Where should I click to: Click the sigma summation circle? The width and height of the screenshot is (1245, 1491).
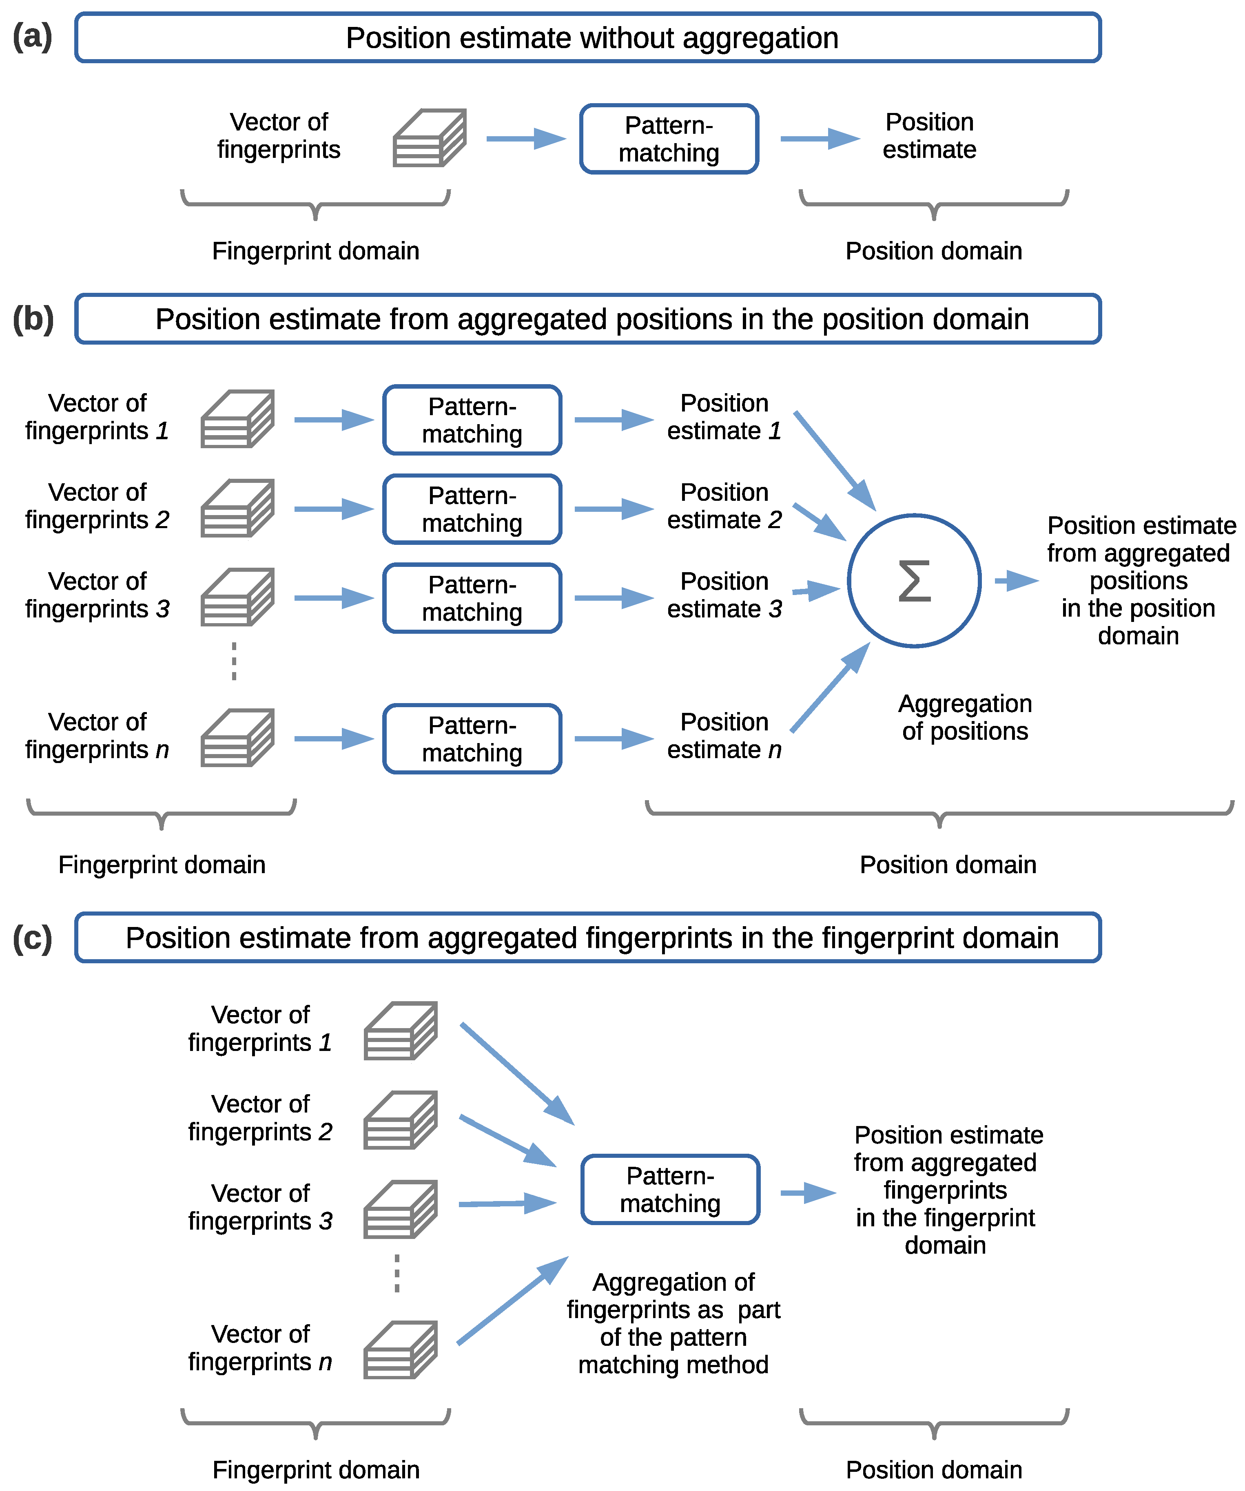coord(914,581)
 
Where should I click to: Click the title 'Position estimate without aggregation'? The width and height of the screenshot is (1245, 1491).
coord(591,38)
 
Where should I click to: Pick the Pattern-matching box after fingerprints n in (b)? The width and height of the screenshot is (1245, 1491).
coord(472,739)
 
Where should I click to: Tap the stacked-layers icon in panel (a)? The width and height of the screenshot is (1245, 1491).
coord(430,138)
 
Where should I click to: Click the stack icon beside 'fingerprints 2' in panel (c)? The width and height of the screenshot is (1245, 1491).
coord(401,1120)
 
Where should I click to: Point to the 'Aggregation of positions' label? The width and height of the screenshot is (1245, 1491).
coord(964,717)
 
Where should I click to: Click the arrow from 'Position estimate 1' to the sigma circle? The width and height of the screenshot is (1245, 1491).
coord(835,460)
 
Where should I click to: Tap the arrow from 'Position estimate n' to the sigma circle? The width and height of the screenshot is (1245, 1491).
coord(830,687)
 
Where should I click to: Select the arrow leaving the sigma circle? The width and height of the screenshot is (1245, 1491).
coord(1016,581)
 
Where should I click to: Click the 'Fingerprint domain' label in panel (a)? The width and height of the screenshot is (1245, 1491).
coord(315,251)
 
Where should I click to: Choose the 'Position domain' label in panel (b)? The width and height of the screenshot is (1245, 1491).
coord(948,865)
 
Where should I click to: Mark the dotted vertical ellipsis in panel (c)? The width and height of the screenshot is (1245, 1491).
coord(397,1274)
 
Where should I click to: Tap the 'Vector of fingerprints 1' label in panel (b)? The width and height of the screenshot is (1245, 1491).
coord(97,417)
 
